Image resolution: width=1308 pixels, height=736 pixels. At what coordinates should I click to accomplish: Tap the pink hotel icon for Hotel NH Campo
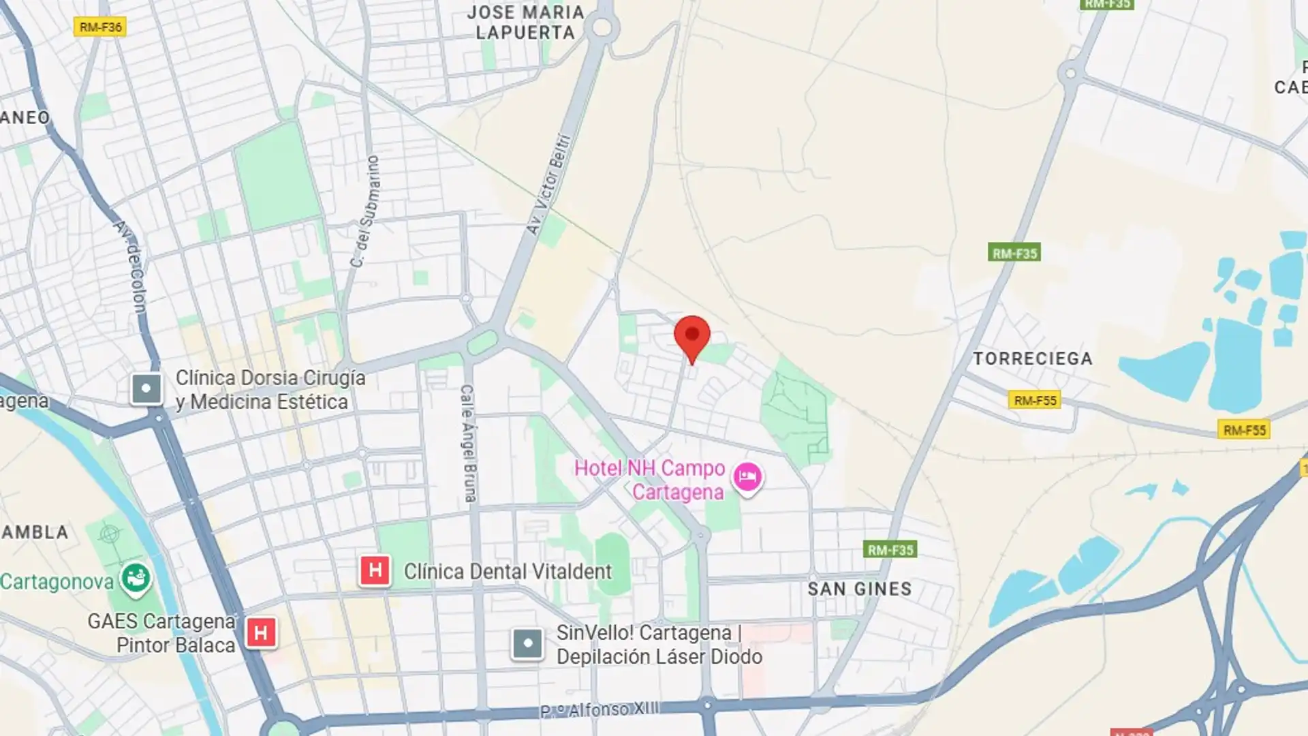tap(747, 476)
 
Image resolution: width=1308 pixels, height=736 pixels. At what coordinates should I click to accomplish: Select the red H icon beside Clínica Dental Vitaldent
tap(375, 570)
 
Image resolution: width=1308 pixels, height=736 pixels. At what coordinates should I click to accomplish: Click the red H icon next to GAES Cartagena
tap(260, 632)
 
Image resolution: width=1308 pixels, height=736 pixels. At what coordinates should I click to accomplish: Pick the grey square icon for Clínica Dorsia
tap(146, 389)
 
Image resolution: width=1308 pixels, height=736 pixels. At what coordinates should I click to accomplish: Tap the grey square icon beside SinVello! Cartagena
tap(527, 643)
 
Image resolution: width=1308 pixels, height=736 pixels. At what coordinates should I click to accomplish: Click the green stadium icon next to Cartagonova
tap(136, 579)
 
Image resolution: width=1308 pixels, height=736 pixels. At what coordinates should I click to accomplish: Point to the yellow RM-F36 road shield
tap(100, 27)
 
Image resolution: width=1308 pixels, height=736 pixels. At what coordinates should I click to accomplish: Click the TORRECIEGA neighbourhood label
tap(1032, 358)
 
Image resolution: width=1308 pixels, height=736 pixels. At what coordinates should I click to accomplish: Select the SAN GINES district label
tap(859, 589)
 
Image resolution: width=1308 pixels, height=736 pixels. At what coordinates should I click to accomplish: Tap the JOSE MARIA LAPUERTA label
tap(525, 22)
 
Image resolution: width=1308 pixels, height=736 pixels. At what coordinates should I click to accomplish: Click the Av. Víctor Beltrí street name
tap(548, 184)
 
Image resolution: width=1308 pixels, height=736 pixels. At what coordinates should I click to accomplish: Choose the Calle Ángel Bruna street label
tap(468, 443)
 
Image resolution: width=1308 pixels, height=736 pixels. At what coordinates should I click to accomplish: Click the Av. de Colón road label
tap(131, 266)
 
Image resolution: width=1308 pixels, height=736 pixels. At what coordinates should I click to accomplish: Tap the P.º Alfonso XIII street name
tap(599, 710)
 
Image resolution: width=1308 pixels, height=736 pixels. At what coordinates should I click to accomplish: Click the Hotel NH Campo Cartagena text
tap(650, 480)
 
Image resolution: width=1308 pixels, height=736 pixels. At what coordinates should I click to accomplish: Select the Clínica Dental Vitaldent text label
tap(508, 572)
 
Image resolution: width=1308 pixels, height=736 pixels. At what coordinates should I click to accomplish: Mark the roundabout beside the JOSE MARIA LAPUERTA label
tap(602, 28)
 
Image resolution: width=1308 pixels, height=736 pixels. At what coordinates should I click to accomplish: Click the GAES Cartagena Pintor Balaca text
tap(161, 633)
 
